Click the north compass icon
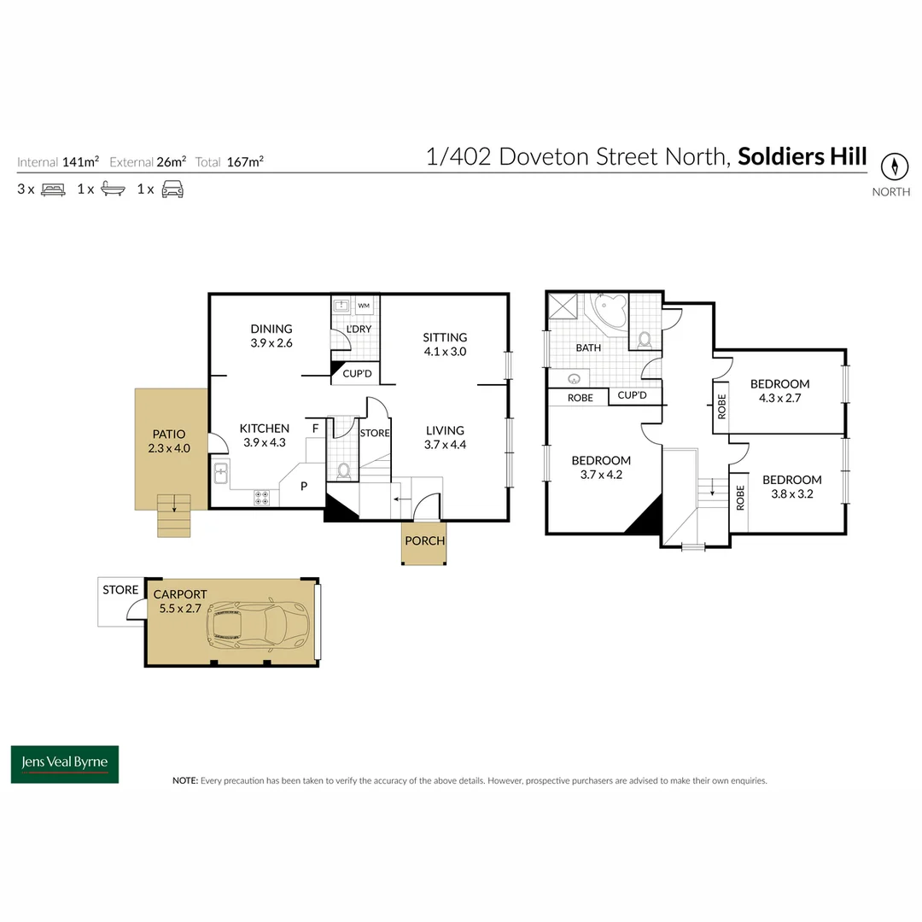[895, 166]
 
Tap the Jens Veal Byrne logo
[65, 764]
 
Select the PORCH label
[424, 540]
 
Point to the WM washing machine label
[364, 306]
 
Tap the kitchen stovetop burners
[262, 498]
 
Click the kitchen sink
[221, 473]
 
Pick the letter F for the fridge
[315, 429]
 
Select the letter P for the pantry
[304, 486]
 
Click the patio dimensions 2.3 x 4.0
[169, 448]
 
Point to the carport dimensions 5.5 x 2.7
[180, 608]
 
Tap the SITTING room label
[445, 337]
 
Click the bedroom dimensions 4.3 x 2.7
[779, 398]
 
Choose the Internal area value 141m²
[80, 161]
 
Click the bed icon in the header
[53, 190]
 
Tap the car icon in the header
[172, 190]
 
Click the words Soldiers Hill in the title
[802, 156]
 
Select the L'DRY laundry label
[359, 329]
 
